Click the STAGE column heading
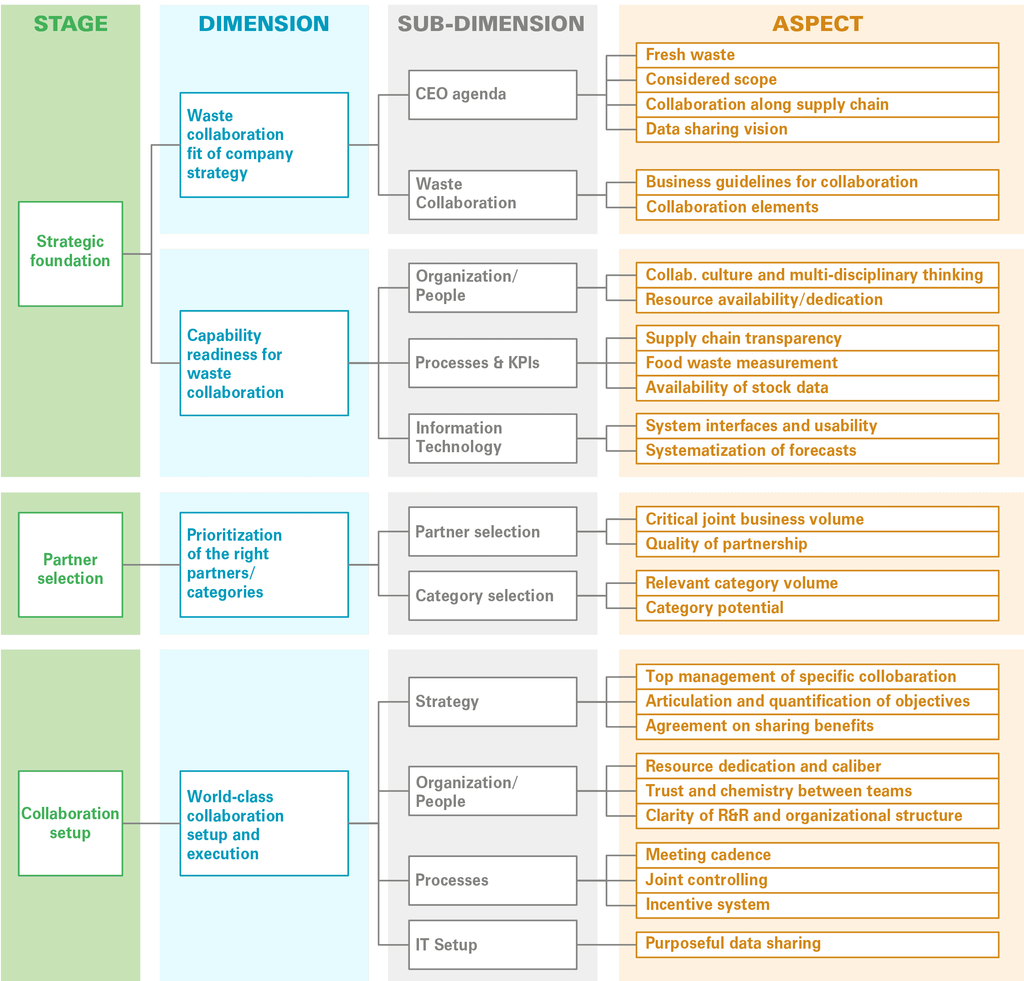71,24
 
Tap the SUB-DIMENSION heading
491,24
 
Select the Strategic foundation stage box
71,254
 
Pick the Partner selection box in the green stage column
71,565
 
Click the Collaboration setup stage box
71,823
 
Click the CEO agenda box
493,95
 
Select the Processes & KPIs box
493,363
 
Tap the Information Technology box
493,438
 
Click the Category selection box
493,595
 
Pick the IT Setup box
493,945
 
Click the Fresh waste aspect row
817,55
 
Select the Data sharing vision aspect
817,129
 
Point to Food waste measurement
817,363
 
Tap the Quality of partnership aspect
817,544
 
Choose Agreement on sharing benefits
817,727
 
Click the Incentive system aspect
817,905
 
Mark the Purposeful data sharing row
817,945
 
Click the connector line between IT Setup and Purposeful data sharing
606,945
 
